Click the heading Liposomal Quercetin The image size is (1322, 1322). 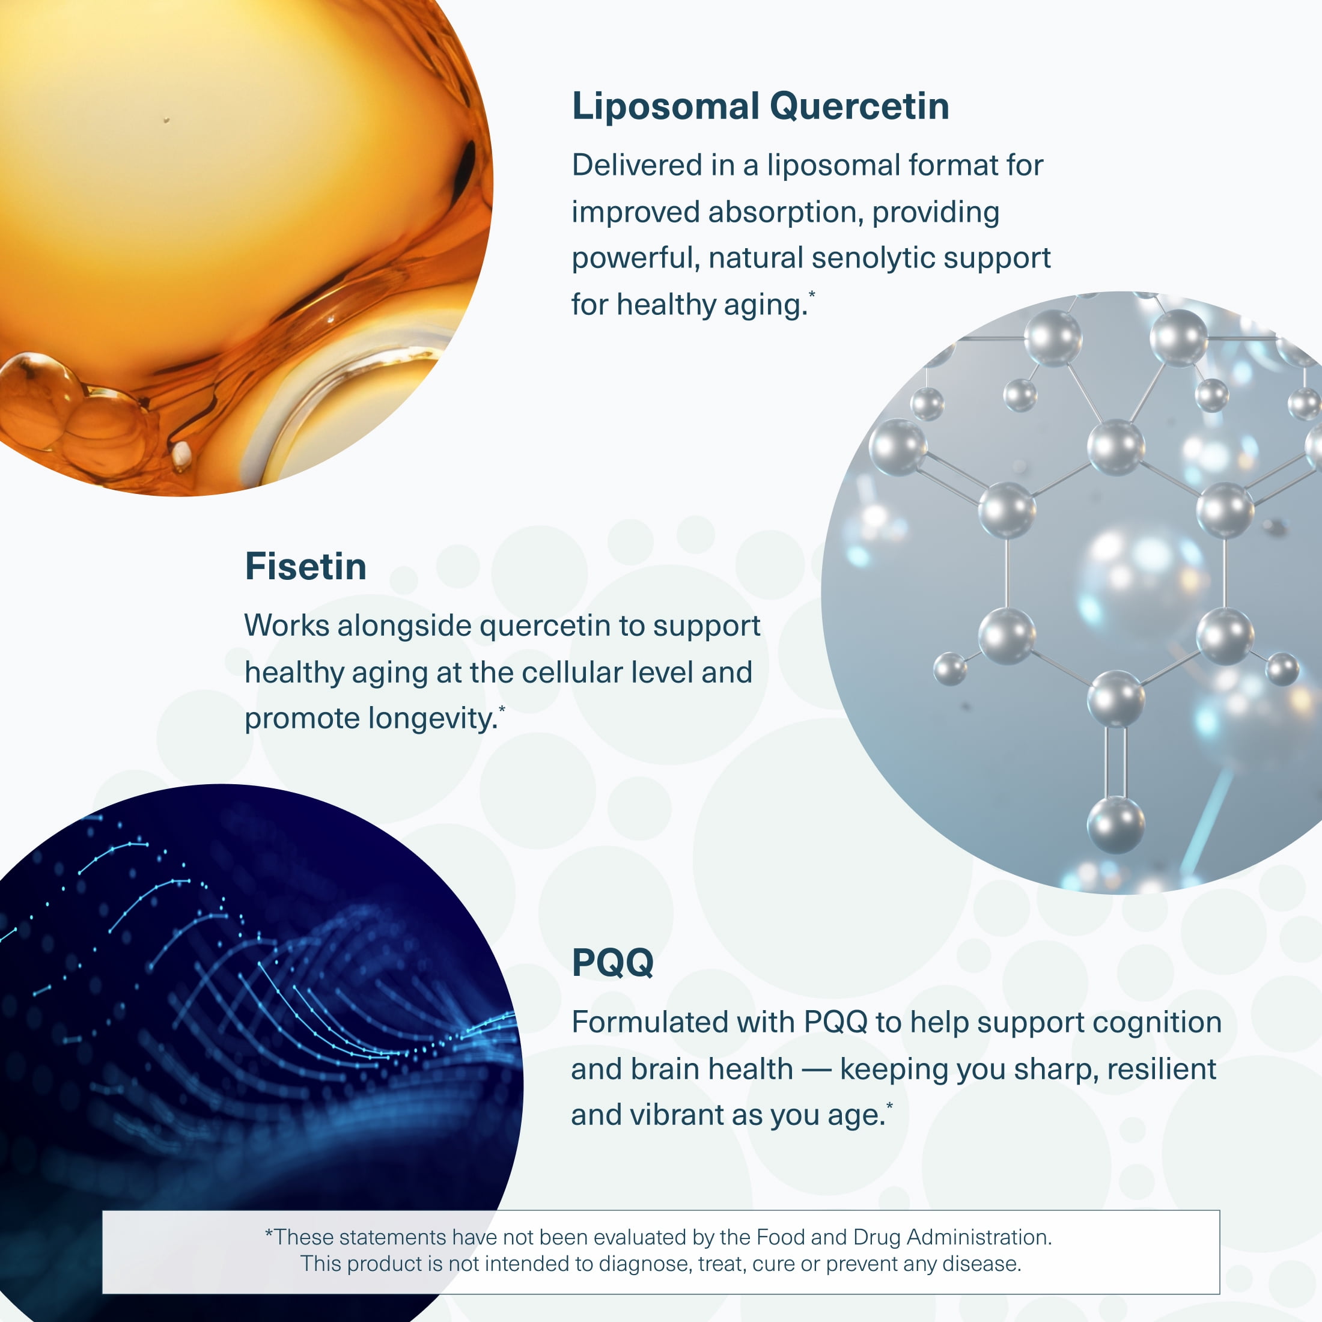pos(760,108)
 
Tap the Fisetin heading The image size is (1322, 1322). pos(306,567)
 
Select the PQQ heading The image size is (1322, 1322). pos(612,962)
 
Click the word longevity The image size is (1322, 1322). pos(433,719)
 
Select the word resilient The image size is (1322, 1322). pos(1161,1069)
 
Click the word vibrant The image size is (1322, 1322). pos(674,1115)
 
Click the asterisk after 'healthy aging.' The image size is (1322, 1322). pos(812,294)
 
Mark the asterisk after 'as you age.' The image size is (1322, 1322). pos(889,1105)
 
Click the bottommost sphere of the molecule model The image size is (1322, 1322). pos(1116,825)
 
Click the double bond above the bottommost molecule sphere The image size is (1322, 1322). pos(1116,761)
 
